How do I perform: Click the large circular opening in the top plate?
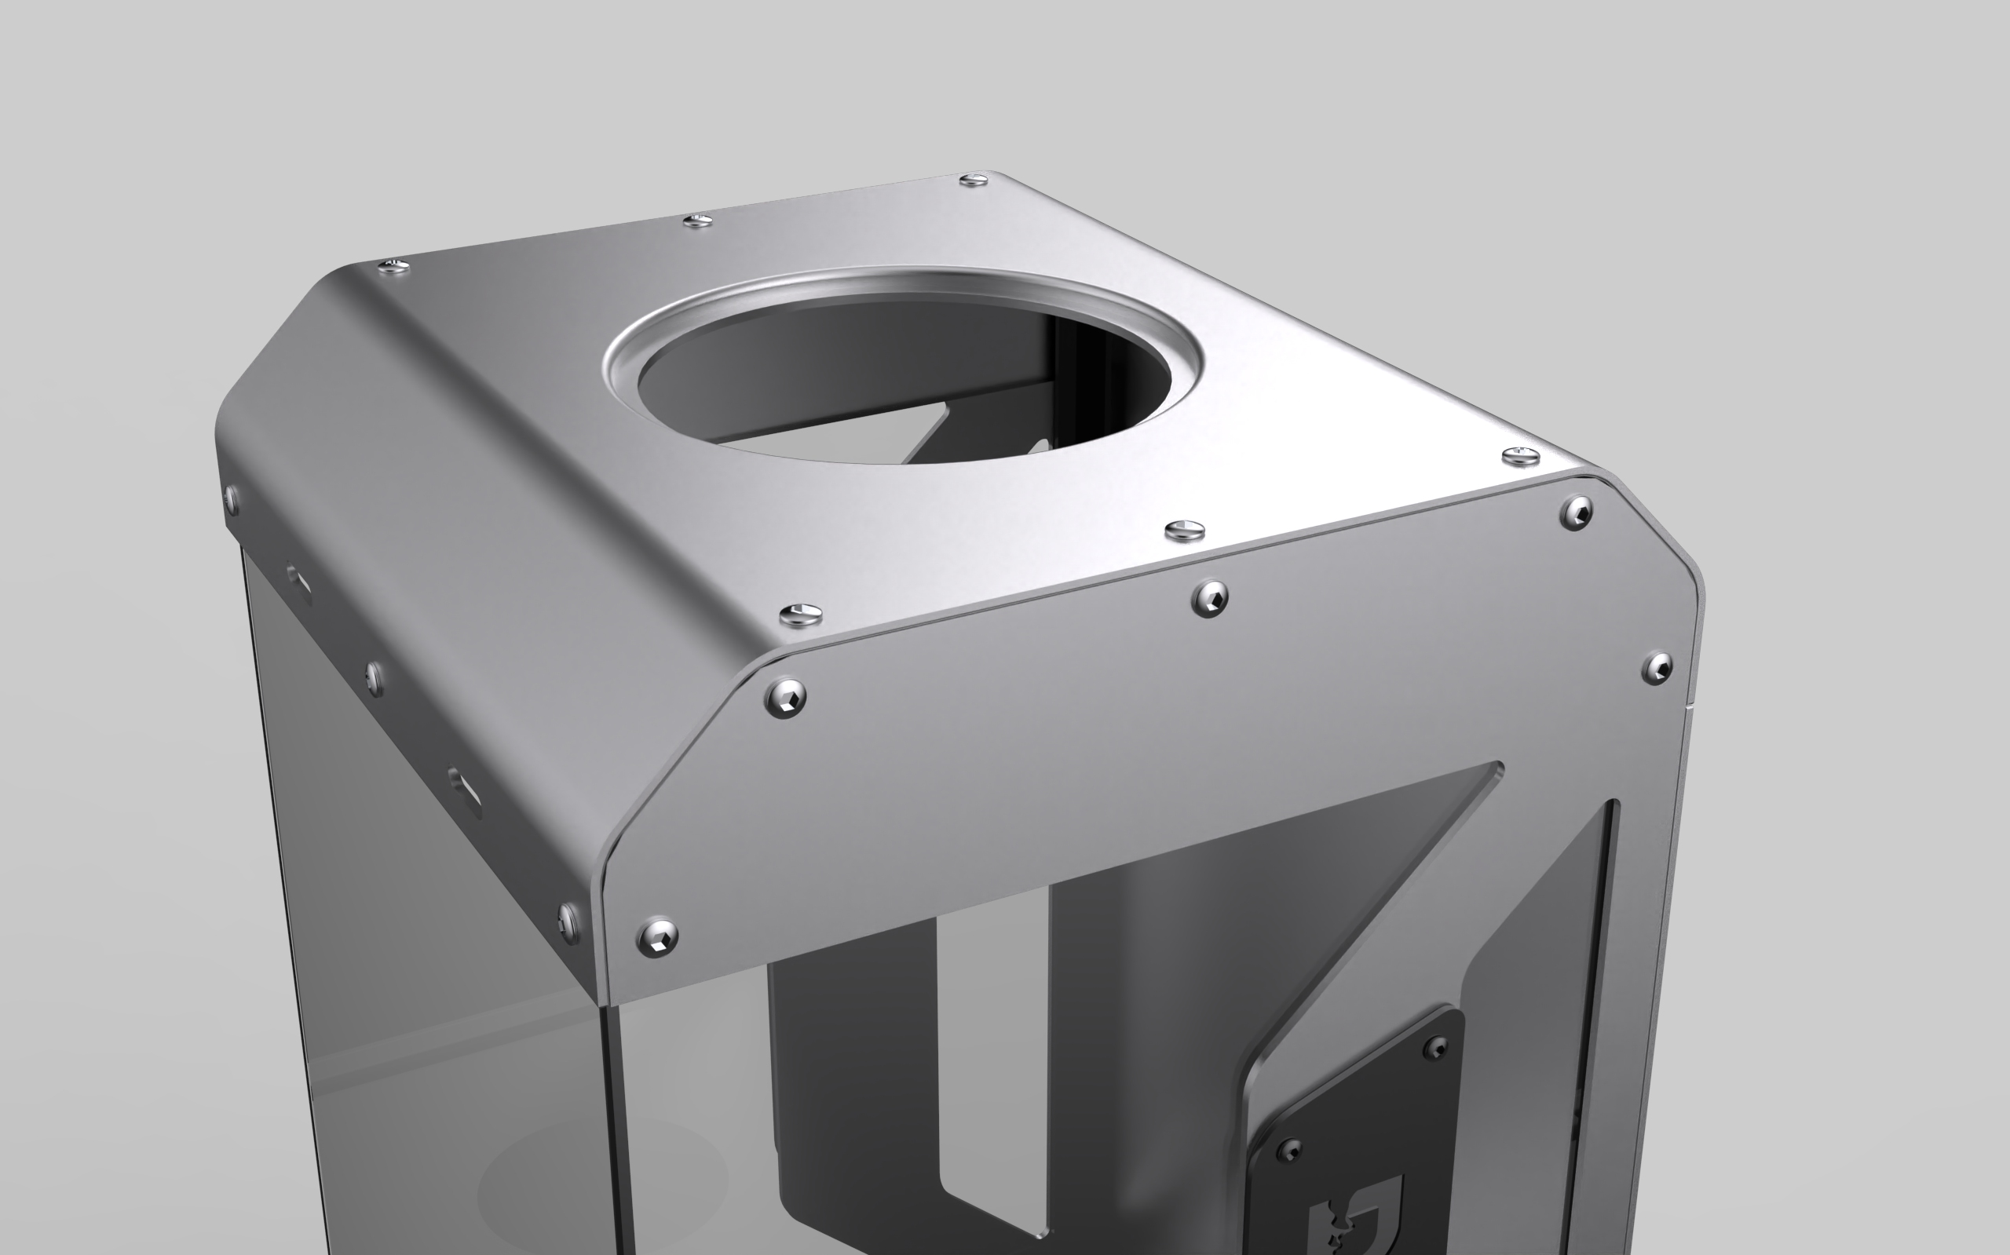(x=905, y=374)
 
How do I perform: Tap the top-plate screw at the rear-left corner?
(x=393, y=266)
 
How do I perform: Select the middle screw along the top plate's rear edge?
(x=697, y=220)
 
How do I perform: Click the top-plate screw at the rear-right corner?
(x=974, y=179)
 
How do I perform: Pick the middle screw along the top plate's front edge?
(x=1185, y=529)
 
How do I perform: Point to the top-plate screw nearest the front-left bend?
(x=801, y=615)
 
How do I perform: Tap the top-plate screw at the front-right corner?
(x=1521, y=455)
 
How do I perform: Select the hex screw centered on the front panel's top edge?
(x=1210, y=597)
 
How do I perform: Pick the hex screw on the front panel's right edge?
(x=1658, y=668)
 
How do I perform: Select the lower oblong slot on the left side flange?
(x=464, y=789)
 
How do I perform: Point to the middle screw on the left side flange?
(x=375, y=677)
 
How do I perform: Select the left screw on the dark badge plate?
(x=1289, y=1151)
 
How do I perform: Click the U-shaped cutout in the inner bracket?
(x=992, y=1063)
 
